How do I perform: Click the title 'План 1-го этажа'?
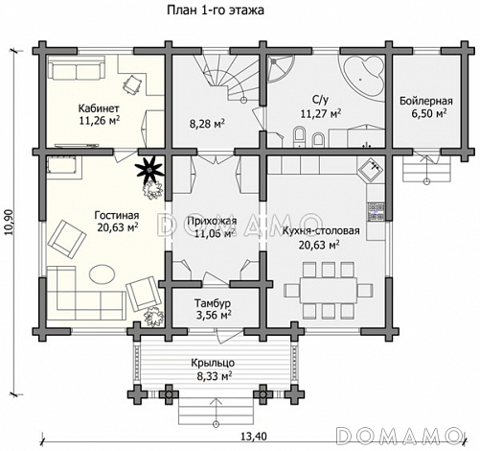coord(216,11)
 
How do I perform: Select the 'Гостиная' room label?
coord(117,215)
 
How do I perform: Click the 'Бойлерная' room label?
coord(426,101)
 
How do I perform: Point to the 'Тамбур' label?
coord(213,302)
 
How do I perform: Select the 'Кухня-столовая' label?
coord(321,231)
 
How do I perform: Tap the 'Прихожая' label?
coord(212,221)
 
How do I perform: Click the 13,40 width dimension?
coord(254,437)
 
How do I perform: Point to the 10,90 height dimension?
coord(9,222)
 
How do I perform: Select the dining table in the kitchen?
coord(329,291)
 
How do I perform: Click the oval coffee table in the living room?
coord(102,273)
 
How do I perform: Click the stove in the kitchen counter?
coord(377,212)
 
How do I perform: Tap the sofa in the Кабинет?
coord(77,67)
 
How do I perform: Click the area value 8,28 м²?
coord(207,124)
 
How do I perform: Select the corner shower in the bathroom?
coord(281,68)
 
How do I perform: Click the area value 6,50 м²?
coord(428,114)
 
